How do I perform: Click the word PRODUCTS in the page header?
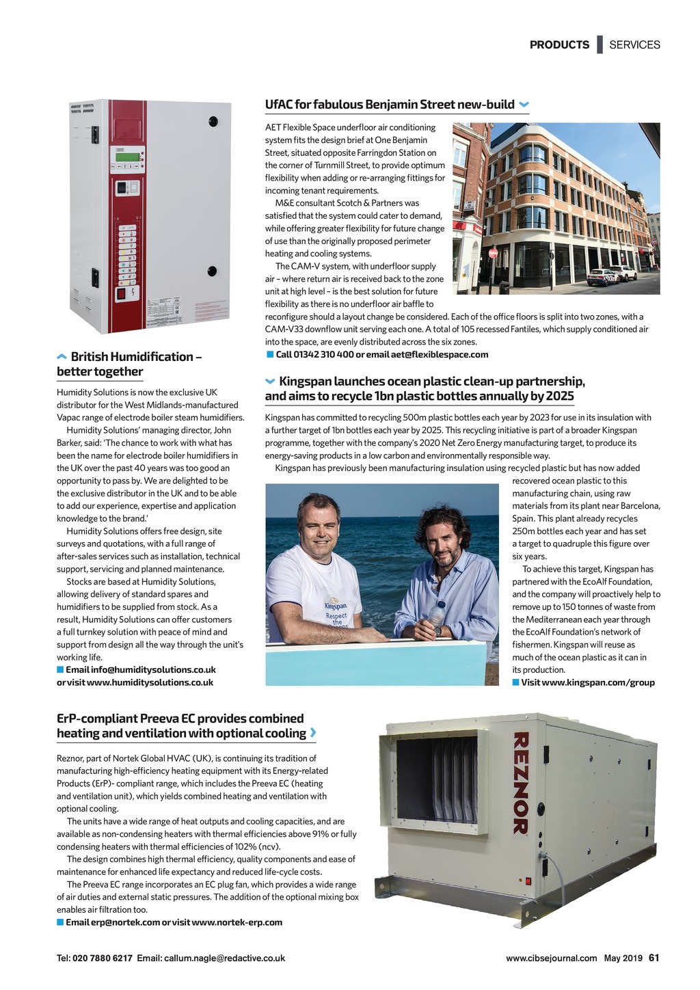tap(559, 45)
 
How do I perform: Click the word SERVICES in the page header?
tap(634, 45)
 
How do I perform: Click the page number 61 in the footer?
tap(654, 958)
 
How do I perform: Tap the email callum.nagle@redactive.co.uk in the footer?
tap(224, 959)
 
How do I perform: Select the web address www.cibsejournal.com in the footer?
tap(551, 959)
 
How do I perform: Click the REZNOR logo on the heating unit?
tap(520, 783)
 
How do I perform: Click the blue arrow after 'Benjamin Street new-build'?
tap(524, 105)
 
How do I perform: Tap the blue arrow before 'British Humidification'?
tap(62, 357)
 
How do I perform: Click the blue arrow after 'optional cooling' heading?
tap(313, 734)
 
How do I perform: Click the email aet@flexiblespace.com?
tap(440, 355)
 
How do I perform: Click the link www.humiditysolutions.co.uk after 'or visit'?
tap(150, 682)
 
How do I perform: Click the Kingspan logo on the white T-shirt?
tap(336, 606)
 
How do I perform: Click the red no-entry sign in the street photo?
tap(493, 253)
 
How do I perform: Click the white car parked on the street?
tap(602, 277)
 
